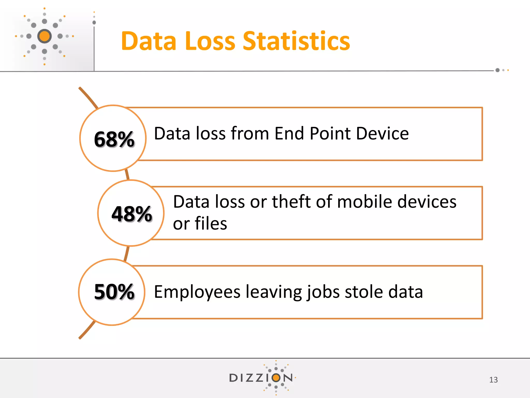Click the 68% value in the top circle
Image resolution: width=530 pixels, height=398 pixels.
point(114,139)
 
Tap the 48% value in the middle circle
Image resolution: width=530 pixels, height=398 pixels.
point(132,214)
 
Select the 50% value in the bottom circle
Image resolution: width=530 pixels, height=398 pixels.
point(114,292)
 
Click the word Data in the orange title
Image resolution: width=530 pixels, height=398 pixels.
point(149,41)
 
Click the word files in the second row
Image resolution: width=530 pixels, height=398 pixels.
point(211,223)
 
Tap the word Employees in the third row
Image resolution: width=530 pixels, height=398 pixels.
point(197,292)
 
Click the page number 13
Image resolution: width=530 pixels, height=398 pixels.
point(493,380)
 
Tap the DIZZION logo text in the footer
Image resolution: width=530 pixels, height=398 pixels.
point(261,378)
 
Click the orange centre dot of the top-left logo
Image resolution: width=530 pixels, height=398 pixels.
point(45,36)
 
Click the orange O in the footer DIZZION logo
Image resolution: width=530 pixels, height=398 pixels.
point(276,378)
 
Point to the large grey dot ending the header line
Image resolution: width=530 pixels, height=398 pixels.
point(497,70)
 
